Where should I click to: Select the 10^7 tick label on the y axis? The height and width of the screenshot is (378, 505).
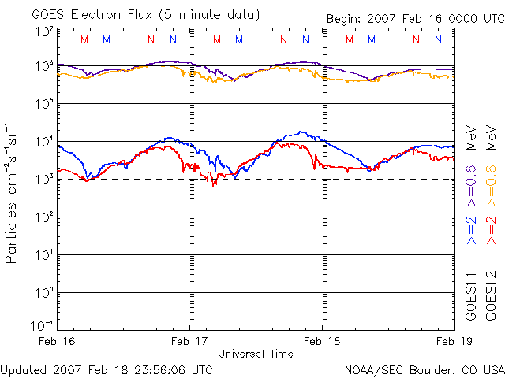[x=42, y=31]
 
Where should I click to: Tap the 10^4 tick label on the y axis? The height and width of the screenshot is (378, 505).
[x=42, y=142]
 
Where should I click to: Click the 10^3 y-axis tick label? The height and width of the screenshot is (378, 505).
[x=42, y=180]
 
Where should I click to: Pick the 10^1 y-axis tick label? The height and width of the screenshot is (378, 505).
[x=42, y=255]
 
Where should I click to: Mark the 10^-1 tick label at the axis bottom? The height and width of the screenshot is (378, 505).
[x=40, y=325]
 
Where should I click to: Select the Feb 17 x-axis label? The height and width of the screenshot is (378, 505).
[x=190, y=341]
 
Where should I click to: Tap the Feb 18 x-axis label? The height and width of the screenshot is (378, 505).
[x=322, y=341]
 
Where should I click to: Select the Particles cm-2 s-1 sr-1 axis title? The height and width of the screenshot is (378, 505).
[x=13, y=192]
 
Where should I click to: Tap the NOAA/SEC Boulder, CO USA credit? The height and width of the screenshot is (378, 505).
[x=424, y=369]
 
